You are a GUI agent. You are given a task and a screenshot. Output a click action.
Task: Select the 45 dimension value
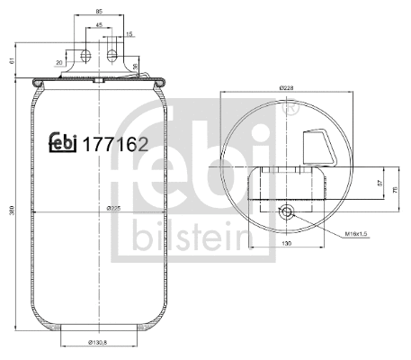pyautogui.click(x=99, y=24)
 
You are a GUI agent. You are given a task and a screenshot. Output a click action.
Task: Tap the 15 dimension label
pyautogui.click(x=130, y=33)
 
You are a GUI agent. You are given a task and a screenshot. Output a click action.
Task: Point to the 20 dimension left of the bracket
pyautogui.click(x=58, y=62)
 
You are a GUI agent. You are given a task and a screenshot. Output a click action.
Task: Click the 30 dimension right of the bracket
pyautogui.click(x=134, y=66)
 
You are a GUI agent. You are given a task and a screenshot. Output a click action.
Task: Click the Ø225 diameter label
pyautogui.click(x=113, y=208)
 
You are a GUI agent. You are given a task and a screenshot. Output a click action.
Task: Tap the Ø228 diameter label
pyautogui.click(x=287, y=87)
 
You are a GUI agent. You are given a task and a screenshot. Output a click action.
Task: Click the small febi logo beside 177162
pyautogui.click(x=63, y=140)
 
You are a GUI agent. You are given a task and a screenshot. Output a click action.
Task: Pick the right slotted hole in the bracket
pyautogui.click(x=113, y=57)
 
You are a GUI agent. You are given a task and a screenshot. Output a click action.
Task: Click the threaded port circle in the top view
pyautogui.click(x=287, y=212)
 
